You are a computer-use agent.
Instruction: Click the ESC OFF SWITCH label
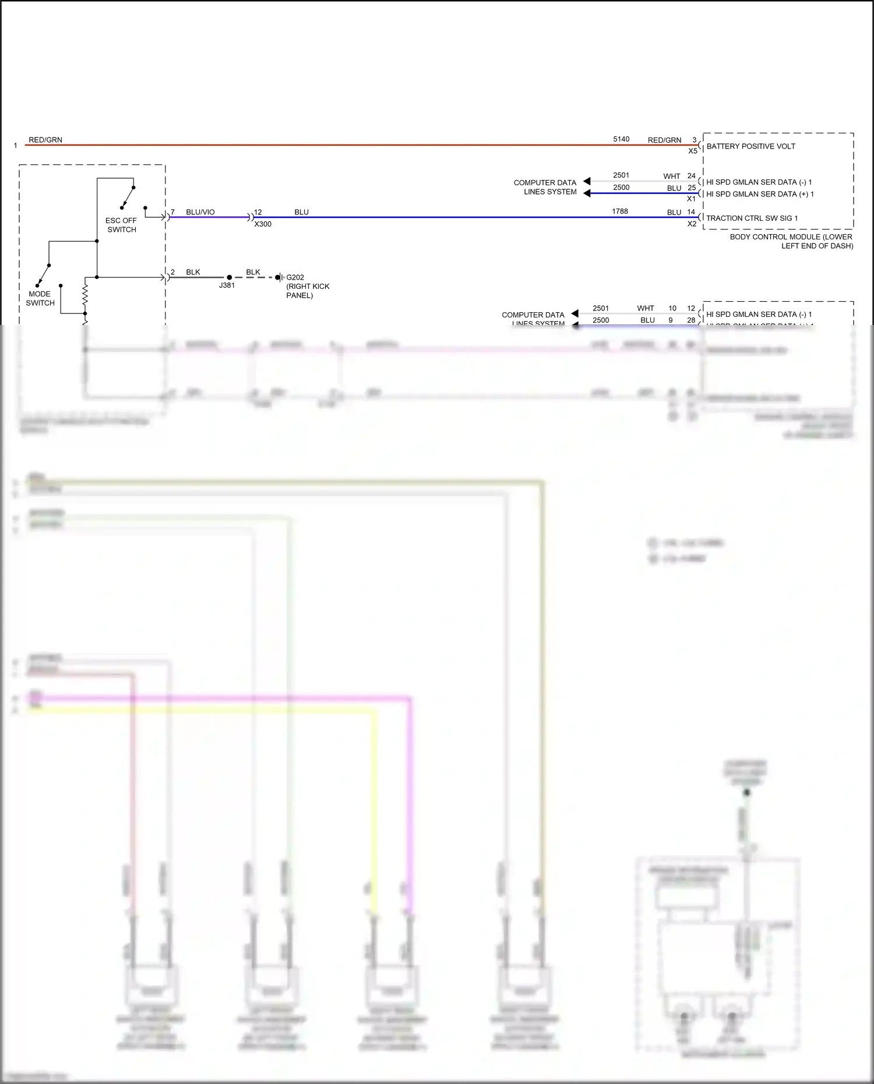(x=121, y=225)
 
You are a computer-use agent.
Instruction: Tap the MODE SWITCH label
(x=40, y=298)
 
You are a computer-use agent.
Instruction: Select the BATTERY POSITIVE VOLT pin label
(x=750, y=146)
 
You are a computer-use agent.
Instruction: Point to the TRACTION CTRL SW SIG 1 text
(x=752, y=218)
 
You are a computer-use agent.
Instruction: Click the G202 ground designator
(x=295, y=277)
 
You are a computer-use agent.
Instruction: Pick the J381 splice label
(x=227, y=285)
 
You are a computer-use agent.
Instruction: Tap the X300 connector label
(x=263, y=224)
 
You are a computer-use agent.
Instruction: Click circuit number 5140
(x=621, y=139)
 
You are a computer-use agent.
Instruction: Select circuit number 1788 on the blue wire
(x=620, y=211)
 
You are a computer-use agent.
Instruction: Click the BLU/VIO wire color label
(x=200, y=212)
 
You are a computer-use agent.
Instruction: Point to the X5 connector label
(x=692, y=151)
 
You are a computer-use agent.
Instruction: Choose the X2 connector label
(x=692, y=224)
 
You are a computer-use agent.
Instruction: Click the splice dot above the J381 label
(x=229, y=277)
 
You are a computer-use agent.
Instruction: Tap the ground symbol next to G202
(x=280, y=277)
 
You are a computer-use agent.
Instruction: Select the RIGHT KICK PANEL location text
(x=307, y=291)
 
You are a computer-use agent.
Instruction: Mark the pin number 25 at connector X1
(x=692, y=188)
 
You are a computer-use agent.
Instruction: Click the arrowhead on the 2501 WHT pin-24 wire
(x=587, y=181)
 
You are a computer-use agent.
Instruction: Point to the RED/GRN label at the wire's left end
(x=45, y=140)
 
